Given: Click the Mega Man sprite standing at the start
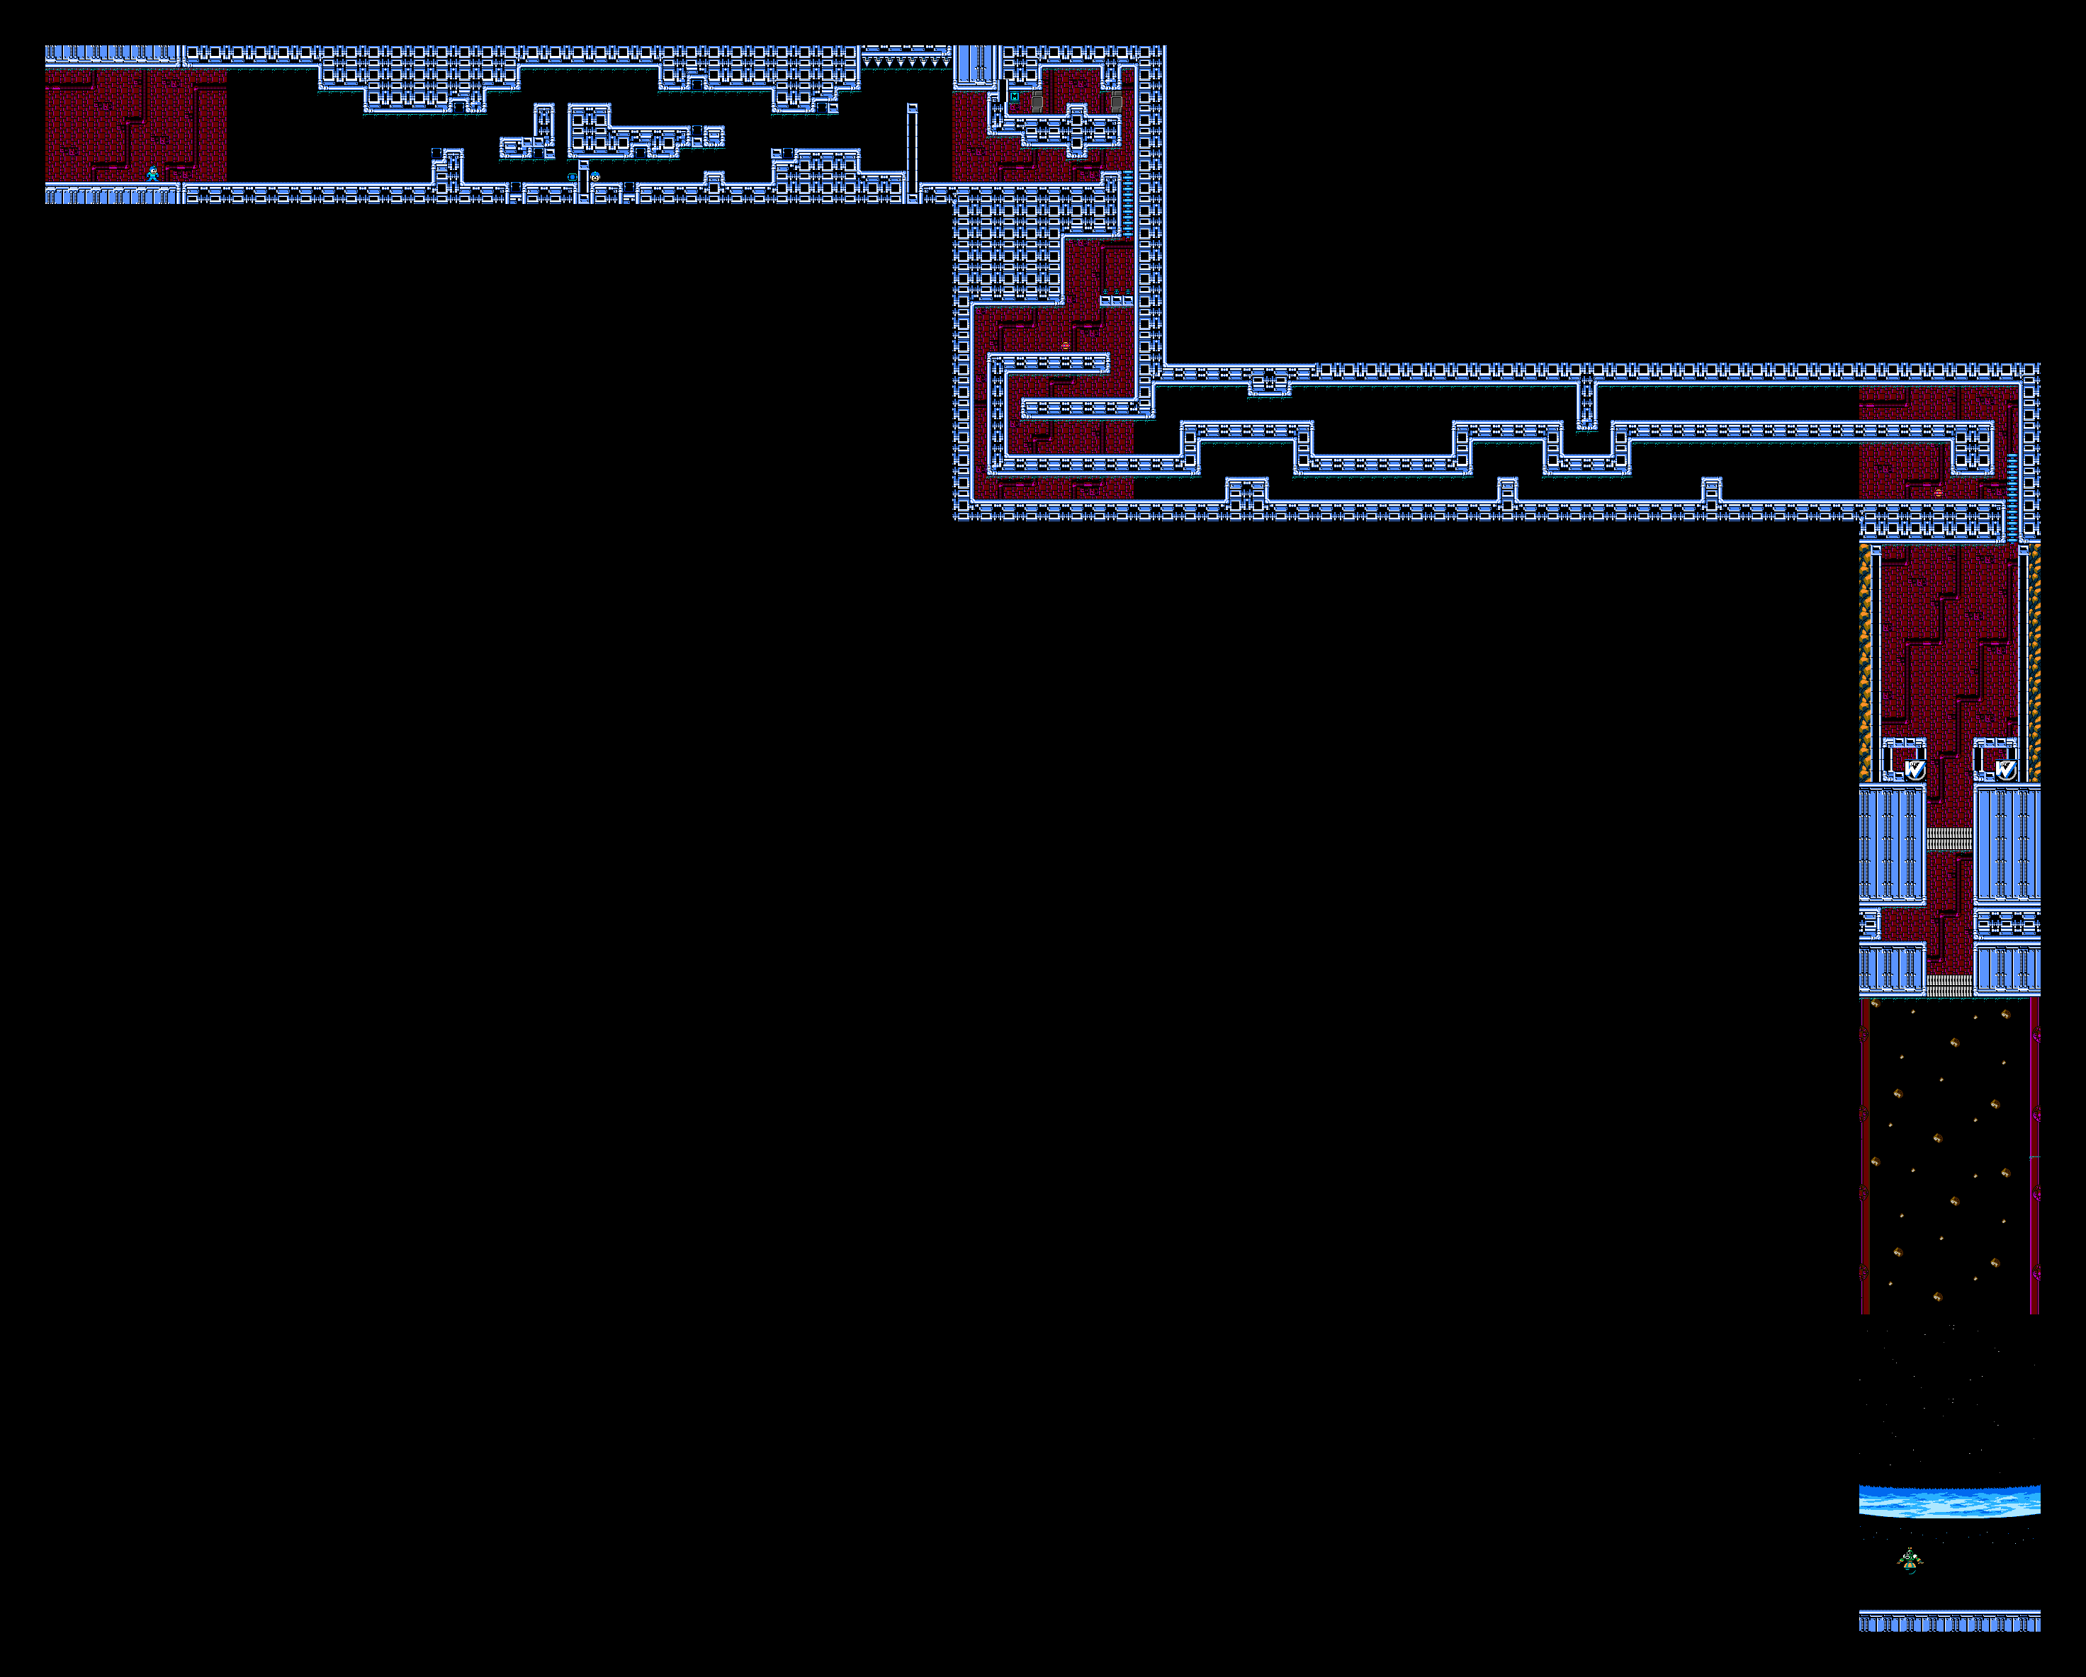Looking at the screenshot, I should (x=152, y=174).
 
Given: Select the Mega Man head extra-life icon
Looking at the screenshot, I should (x=595, y=177).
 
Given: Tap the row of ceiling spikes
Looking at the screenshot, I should (x=906, y=62).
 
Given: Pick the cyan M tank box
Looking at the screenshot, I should (x=1014, y=97).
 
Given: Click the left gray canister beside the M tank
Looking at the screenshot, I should (x=1037, y=101).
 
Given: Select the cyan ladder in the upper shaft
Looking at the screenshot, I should (x=1127, y=203).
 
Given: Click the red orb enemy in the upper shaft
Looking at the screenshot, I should (x=1065, y=346).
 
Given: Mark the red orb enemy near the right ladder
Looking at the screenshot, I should (x=1938, y=492).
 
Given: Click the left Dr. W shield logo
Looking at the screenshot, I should (x=1915, y=769).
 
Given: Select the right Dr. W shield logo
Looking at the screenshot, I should (x=2006, y=769).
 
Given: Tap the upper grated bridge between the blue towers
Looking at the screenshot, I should (x=1949, y=838).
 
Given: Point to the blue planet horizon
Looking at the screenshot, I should (x=1949, y=1501).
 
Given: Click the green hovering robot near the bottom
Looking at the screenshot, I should (x=1909, y=1560).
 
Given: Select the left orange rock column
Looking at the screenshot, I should (x=1864, y=662).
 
